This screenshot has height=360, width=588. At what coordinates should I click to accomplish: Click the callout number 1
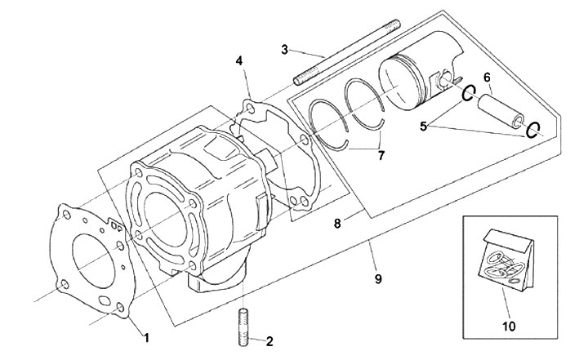[x=147, y=337]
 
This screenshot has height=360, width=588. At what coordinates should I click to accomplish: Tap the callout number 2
[x=269, y=341]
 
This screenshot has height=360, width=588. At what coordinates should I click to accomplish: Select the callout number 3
[x=285, y=49]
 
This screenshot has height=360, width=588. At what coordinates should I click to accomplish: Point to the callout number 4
[x=239, y=60]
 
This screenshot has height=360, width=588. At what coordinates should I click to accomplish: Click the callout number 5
[x=423, y=127]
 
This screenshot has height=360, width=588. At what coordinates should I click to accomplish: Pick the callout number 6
[x=487, y=78]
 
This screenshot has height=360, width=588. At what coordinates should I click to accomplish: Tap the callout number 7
[x=381, y=155]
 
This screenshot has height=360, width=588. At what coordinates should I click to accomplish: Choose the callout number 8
[x=337, y=224]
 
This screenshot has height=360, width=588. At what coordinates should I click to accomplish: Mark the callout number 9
[x=378, y=278]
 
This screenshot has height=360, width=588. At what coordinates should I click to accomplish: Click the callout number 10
[x=509, y=326]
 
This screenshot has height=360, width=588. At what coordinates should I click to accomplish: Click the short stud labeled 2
[x=243, y=327]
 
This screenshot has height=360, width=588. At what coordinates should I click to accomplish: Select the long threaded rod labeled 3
[x=346, y=53]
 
